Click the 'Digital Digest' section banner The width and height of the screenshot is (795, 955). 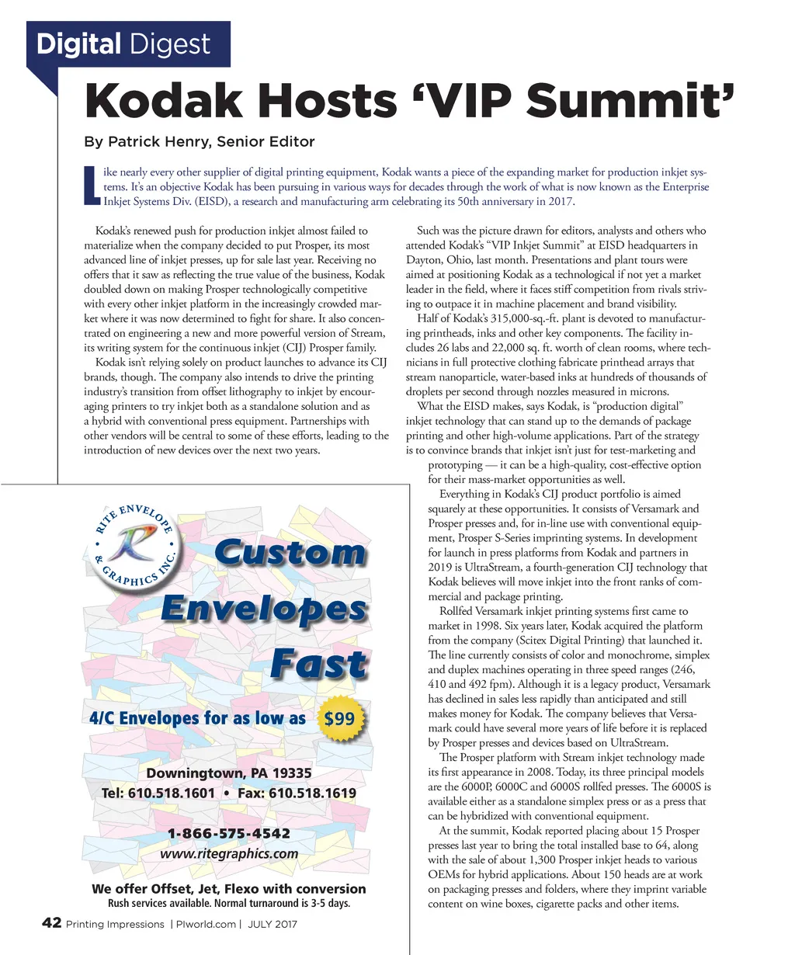tap(123, 44)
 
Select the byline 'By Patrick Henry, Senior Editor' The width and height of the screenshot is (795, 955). tap(200, 141)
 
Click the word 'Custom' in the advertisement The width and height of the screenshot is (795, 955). tap(289, 554)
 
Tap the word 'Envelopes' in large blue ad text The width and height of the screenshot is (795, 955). tap(263, 609)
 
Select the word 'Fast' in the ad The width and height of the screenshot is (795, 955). tap(319, 665)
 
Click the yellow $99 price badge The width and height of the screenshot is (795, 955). tap(339, 718)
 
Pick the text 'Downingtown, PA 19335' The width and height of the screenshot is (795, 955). tap(229, 773)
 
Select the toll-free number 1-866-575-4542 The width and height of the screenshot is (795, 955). tap(229, 834)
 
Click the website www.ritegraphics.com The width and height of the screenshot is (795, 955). tap(229, 853)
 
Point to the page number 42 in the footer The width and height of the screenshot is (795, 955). tap(51, 923)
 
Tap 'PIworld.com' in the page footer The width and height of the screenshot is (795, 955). tap(205, 924)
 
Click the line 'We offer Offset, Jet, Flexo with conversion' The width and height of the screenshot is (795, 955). tap(229, 889)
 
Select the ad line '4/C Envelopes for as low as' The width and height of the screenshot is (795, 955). tap(194, 718)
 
